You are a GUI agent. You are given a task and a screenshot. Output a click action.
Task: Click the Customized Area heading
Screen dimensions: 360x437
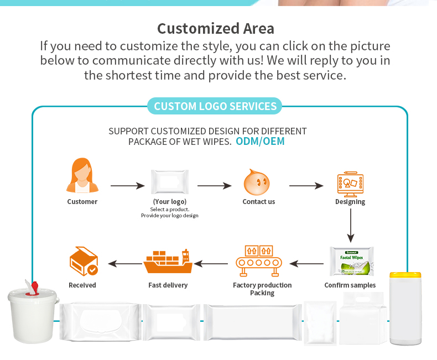[215, 28]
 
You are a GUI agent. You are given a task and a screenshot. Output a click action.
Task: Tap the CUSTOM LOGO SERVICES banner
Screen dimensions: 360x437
[215, 106]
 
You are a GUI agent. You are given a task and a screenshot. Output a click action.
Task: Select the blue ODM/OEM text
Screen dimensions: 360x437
[260, 141]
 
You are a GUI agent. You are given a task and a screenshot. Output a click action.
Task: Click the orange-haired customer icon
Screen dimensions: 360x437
[82, 176]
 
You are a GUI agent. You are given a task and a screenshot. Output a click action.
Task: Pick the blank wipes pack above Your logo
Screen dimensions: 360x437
[170, 181]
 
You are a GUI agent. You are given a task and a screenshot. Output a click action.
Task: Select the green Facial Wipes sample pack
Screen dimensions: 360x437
[352, 262]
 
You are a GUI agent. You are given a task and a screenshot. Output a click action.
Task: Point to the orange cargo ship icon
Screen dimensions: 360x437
[168, 262]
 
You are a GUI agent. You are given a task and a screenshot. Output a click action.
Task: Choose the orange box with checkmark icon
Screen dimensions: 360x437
[83, 261]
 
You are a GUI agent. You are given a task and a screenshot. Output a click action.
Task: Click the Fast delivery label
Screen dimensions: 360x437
[168, 285]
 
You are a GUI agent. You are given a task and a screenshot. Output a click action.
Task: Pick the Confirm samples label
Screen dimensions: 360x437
[350, 285]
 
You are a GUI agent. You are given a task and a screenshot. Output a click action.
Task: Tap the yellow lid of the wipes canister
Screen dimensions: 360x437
[405, 274]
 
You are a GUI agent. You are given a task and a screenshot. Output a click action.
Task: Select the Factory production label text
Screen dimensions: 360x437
[262, 285]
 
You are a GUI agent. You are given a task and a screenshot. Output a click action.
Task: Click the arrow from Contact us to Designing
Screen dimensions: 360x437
[306, 186]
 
